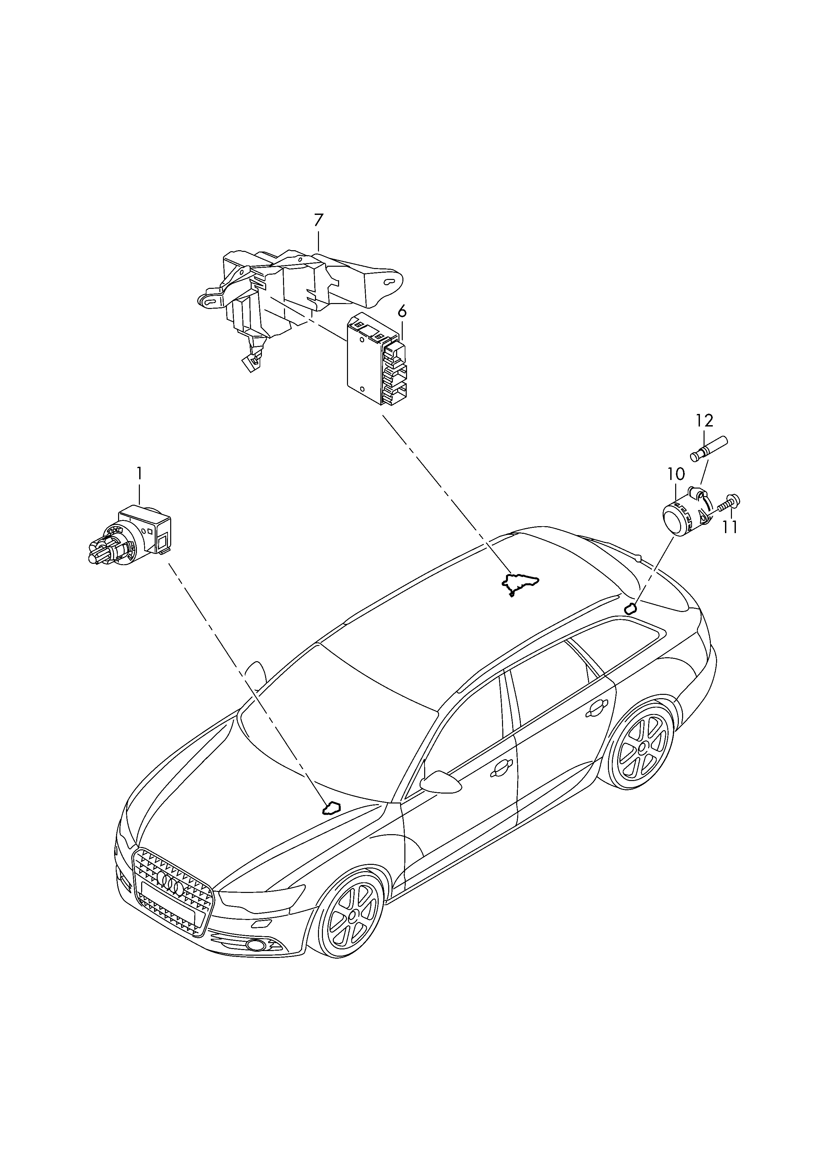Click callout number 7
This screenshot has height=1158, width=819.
tap(318, 221)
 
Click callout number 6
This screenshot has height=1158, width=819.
tap(402, 312)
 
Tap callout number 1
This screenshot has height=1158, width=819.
tap(139, 473)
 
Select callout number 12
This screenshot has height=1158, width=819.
tap(705, 420)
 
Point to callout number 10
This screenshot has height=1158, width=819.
tap(676, 474)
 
